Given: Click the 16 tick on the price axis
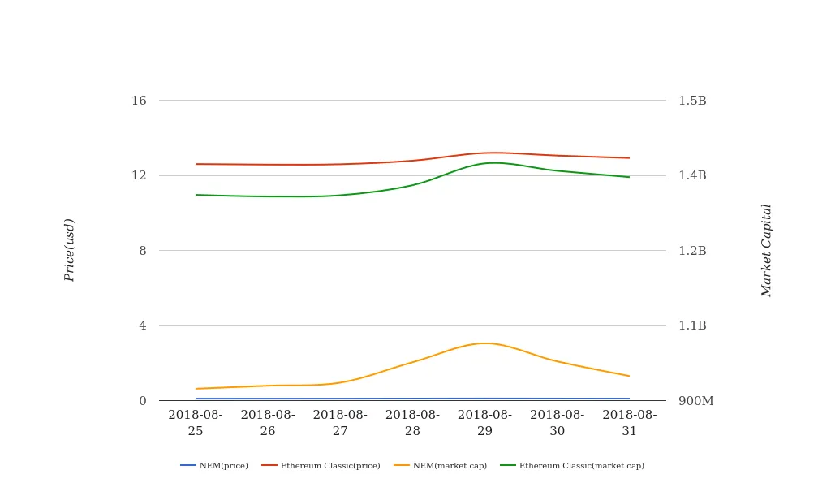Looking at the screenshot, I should (x=139, y=101).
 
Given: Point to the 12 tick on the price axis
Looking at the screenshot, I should (x=139, y=175).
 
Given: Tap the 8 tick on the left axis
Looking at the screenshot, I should (x=143, y=251).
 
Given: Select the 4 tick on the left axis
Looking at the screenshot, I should (x=143, y=325).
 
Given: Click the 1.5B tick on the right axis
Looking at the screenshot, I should (x=692, y=101).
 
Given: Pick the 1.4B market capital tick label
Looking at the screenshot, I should (x=692, y=175).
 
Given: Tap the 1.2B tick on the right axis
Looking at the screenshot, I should (x=692, y=251).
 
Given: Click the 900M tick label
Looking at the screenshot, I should (x=695, y=401).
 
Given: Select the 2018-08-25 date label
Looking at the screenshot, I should (x=196, y=423).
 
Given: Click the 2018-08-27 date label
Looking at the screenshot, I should (x=340, y=423).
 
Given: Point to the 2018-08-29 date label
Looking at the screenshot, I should (x=484, y=423).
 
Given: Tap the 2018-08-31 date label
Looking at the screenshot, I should (x=630, y=423).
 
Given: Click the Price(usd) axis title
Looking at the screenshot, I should (x=70, y=250).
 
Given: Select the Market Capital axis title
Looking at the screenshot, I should (x=767, y=250).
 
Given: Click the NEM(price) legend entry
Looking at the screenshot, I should (x=215, y=466).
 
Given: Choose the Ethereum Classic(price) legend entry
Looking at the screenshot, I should (x=321, y=466).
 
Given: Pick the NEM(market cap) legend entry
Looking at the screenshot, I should (x=441, y=466).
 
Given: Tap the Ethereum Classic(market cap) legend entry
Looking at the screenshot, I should (x=572, y=466).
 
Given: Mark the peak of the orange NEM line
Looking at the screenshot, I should (x=485, y=343).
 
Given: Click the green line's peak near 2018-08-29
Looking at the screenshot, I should (x=493, y=162).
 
